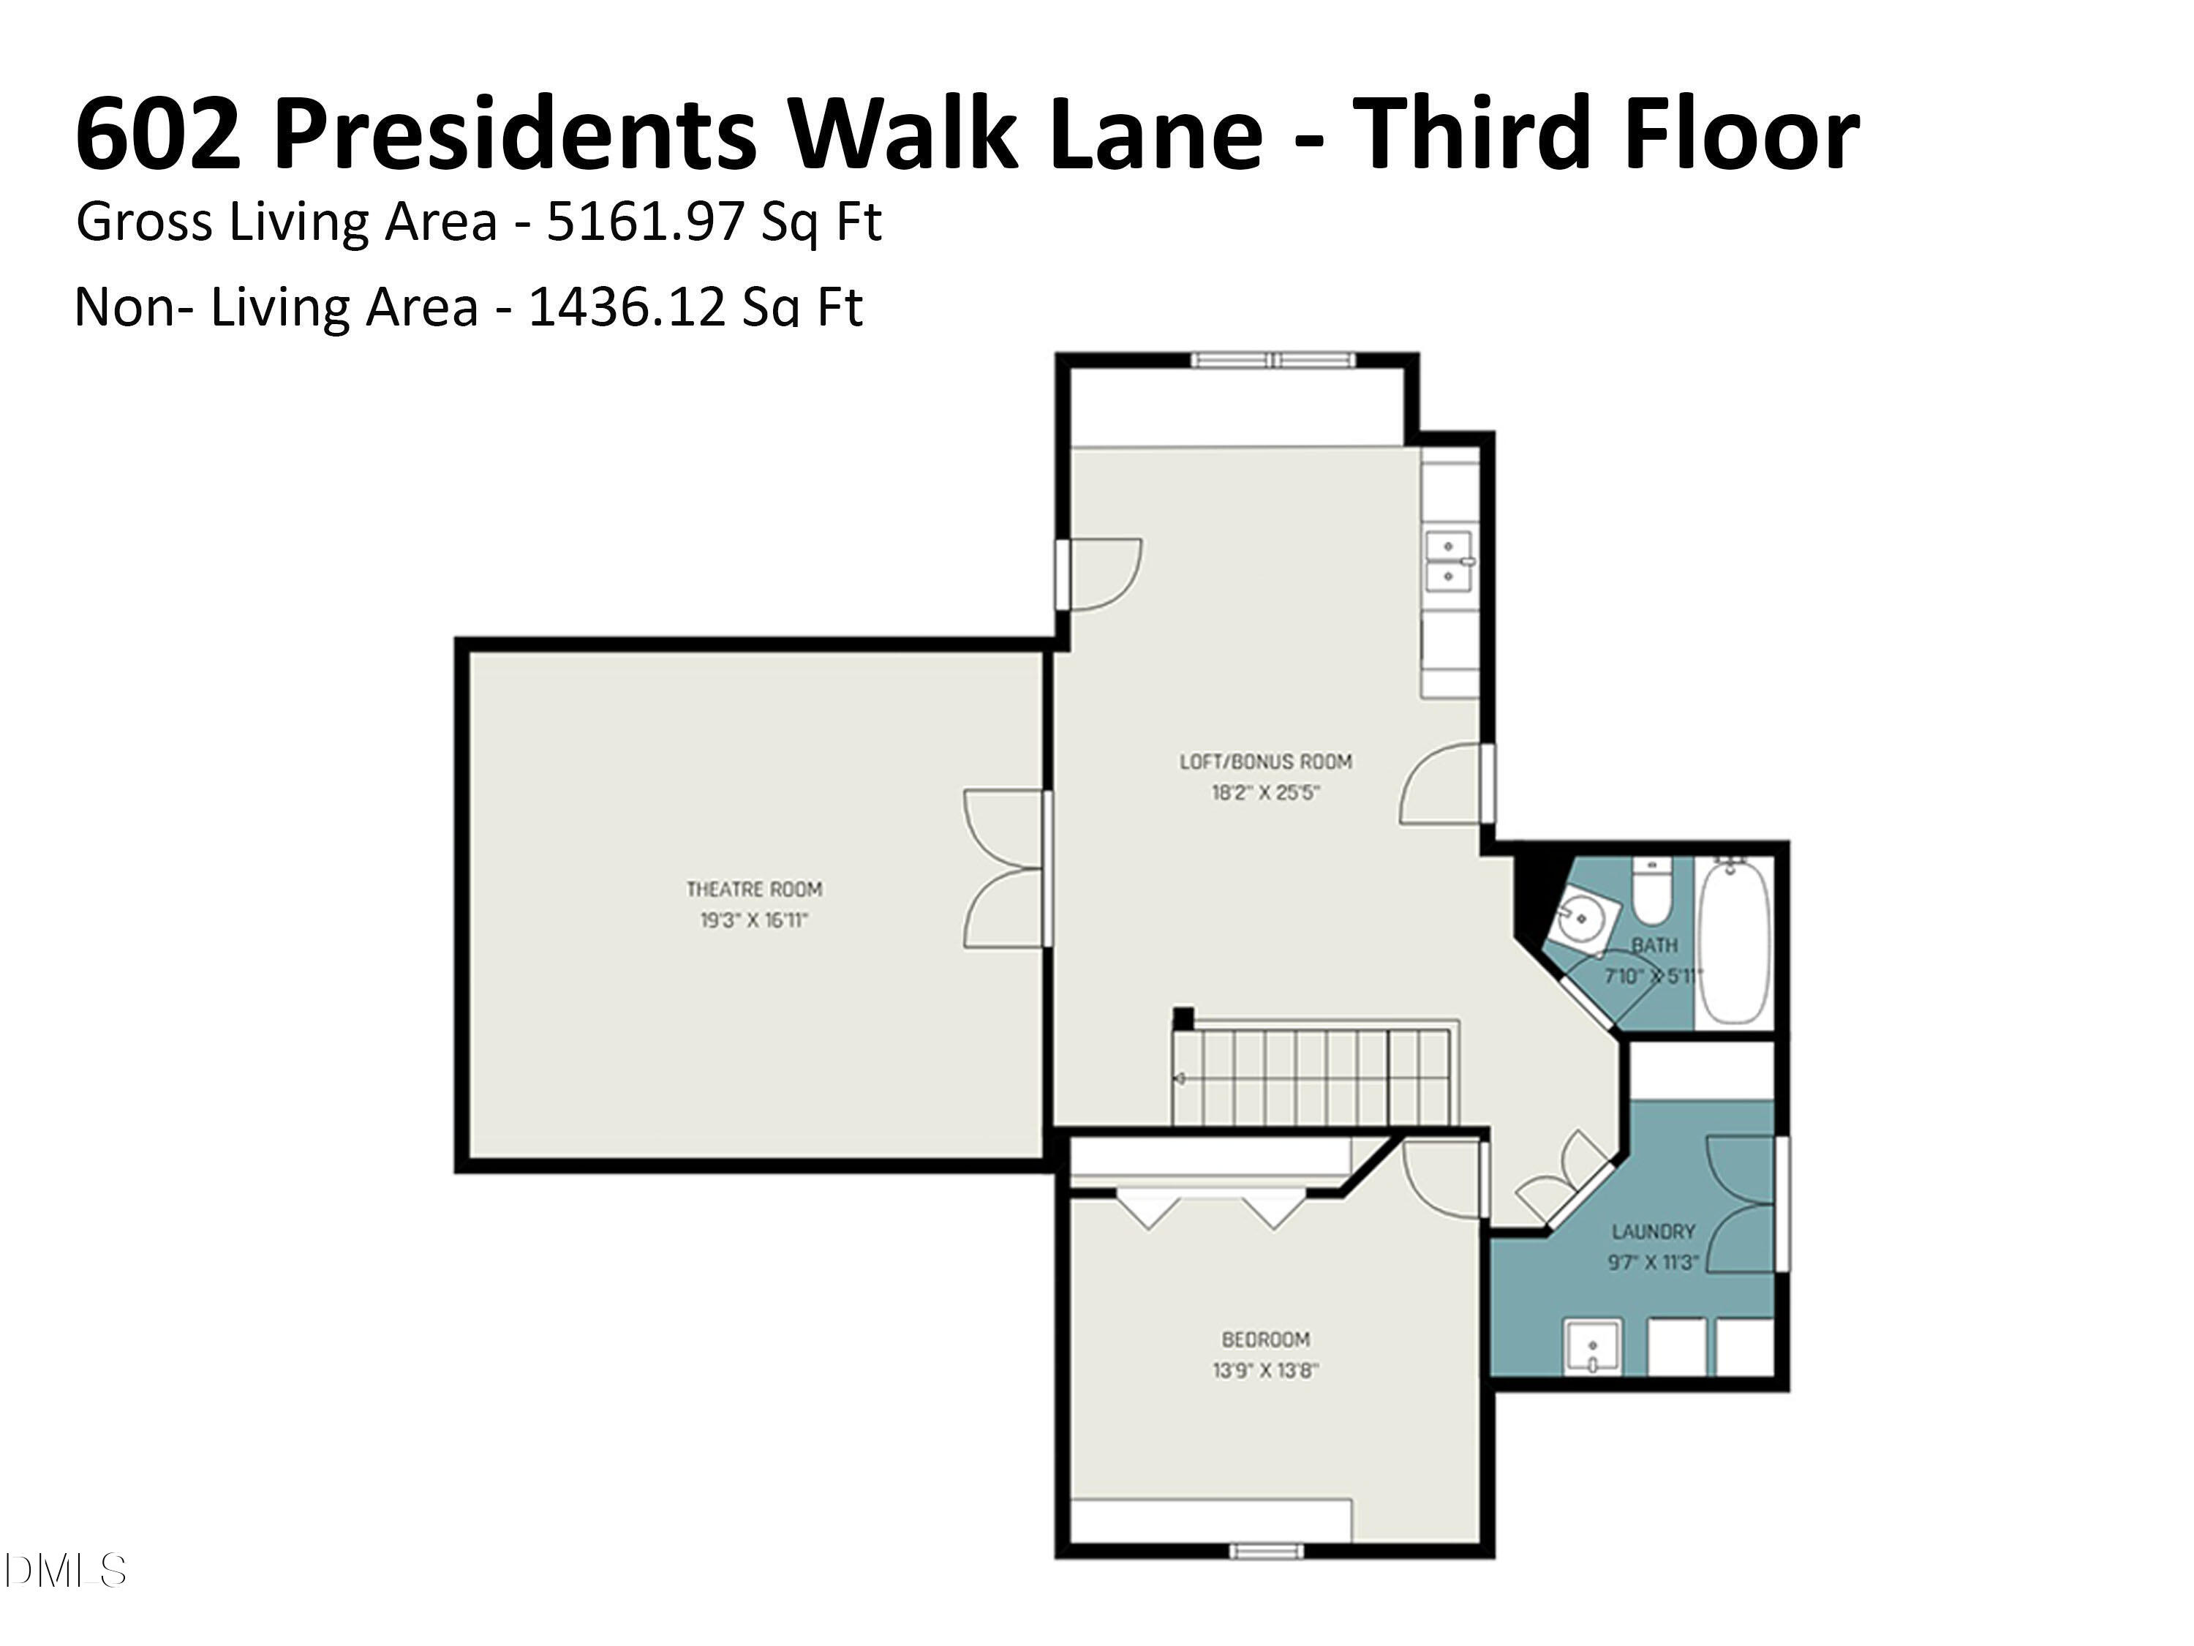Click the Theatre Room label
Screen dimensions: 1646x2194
click(x=754, y=889)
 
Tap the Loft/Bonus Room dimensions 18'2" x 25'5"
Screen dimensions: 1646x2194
click(x=1266, y=794)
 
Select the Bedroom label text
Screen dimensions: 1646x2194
click(x=1266, y=1339)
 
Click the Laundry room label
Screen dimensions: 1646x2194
click(x=1654, y=1231)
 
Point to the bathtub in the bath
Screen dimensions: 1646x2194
click(x=1734, y=942)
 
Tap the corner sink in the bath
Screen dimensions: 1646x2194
click(x=1584, y=918)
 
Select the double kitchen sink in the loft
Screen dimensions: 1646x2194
click(x=1449, y=560)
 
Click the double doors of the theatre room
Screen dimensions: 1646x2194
click(x=1004, y=868)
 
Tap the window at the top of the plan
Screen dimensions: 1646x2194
click(x=1273, y=360)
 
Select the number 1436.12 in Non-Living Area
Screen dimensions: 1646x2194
click(x=626, y=307)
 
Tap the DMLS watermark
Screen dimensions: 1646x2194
click(x=64, y=1571)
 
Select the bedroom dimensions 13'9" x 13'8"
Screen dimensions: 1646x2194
click(x=1266, y=1371)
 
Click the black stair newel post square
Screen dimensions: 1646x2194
click(x=1183, y=1018)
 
